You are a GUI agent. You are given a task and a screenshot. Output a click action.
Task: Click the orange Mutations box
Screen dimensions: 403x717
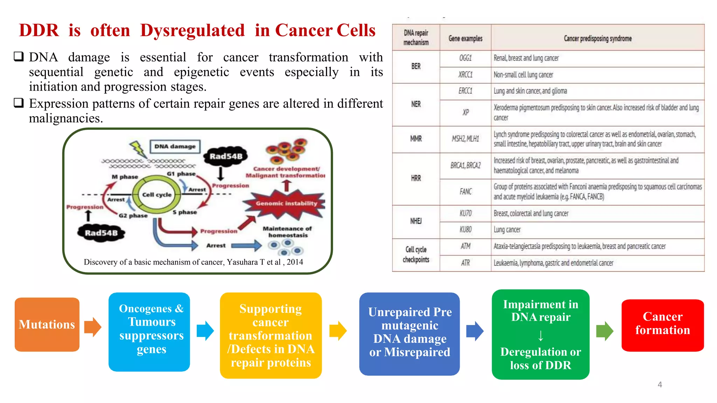[x=47, y=324]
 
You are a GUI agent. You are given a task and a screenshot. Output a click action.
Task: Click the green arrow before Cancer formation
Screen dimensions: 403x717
[x=605, y=331]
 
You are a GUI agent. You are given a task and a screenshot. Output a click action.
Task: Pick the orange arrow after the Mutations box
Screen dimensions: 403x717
[x=93, y=327]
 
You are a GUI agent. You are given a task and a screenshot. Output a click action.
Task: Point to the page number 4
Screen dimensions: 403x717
[x=660, y=384]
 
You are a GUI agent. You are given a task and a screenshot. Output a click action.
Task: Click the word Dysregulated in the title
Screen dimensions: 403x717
[x=192, y=30]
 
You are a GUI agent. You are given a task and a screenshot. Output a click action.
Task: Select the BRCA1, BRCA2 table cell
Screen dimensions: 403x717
[x=465, y=165]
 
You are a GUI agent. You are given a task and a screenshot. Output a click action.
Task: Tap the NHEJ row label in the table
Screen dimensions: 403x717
[x=416, y=221]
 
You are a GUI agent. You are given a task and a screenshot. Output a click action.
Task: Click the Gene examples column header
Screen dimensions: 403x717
[x=465, y=38]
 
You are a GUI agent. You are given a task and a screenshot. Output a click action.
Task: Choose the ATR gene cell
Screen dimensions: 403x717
[x=465, y=263]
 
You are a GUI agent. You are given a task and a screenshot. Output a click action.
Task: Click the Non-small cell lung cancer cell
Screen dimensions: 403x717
[x=523, y=75]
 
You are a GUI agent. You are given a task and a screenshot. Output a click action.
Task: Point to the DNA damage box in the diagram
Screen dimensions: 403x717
[x=175, y=146]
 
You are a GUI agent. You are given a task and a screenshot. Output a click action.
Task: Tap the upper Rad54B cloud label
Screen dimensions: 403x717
[x=226, y=156]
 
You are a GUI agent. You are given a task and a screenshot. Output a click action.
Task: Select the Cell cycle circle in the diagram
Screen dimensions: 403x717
[x=156, y=195]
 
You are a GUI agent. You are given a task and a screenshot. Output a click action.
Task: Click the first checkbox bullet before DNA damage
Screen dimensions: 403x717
[x=19, y=56]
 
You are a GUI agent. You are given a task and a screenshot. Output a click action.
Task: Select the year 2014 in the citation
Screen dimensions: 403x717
[x=295, y=262]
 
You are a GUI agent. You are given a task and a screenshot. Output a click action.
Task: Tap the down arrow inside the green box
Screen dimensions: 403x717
[x=541, y=335]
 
